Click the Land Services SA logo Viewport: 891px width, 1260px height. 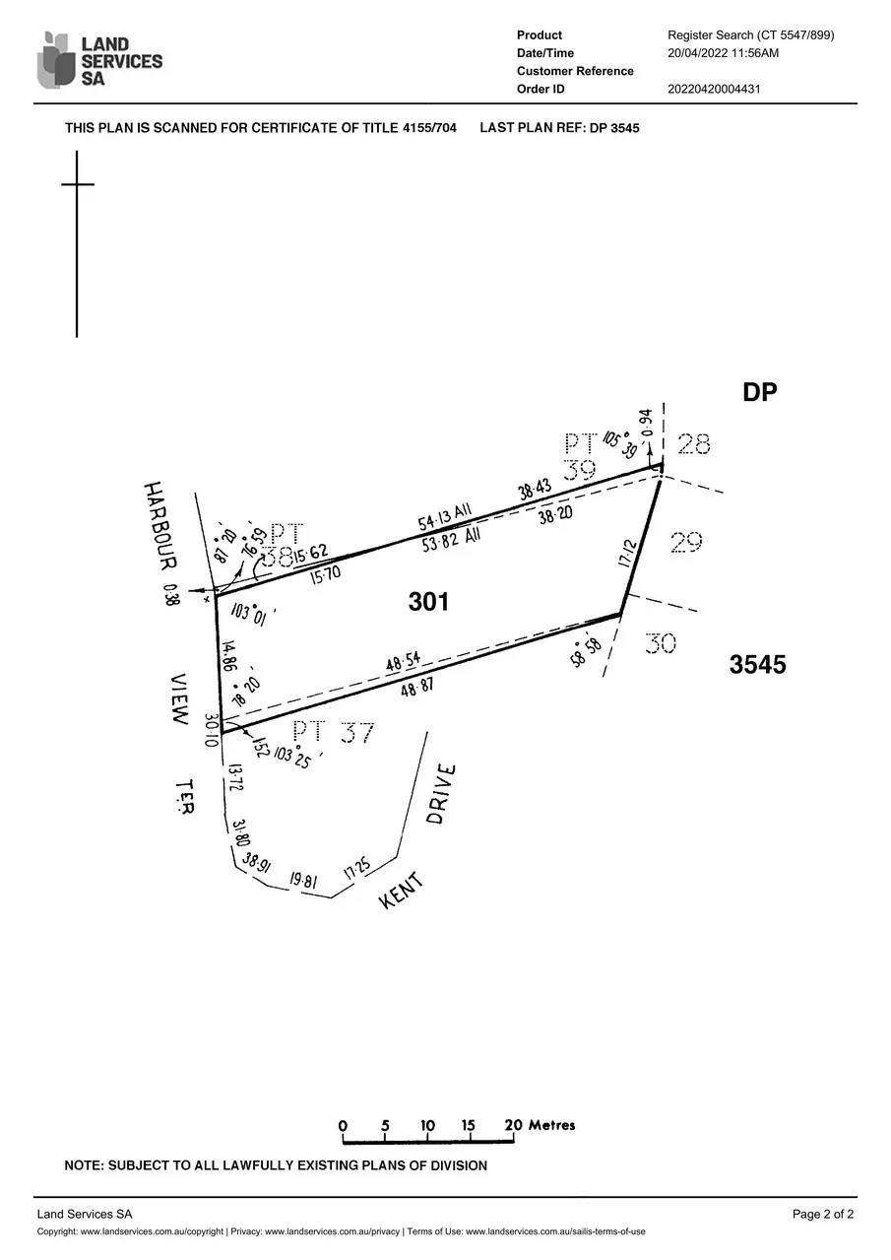pyautogui.click(x=98, y=60)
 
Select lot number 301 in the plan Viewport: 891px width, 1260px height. pyautogui.click(x=429, y=601)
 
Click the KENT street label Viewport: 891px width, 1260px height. pyautogui.click(x=402, y=890)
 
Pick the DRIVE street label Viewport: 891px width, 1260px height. pyautogui.click(x=442, y=795)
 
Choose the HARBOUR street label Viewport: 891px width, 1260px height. pyautogui.click(x=159, y=524)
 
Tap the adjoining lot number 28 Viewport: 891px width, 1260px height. pyautogui.click(x=693, y=445)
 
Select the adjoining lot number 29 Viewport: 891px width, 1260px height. pyautogui.click(x=685, y=542)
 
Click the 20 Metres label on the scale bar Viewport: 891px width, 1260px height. pyautogui.click(x=541, y=1124)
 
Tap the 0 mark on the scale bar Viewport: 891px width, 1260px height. pyautogui.click(x=343, y=1126)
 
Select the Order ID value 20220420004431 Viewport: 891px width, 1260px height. pyautogui.click(x=714, y=89)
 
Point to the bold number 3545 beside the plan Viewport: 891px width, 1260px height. pyautogui.click(x=757, y=665)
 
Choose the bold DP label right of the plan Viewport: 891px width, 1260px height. pyautogui.click(x=760, y=392)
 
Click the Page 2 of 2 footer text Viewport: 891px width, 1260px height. pyautogui.click(x=822, y=1214)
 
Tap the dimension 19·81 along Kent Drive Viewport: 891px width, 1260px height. pyautogui.click(x=303, y=881)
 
